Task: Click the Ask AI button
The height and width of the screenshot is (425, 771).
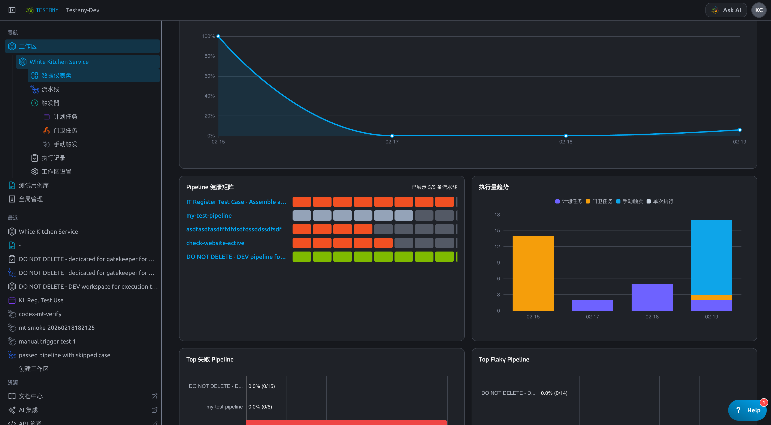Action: (726, 10)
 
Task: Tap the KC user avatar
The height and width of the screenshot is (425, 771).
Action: (759, 10)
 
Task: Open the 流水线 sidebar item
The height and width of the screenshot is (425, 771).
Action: (50, 89)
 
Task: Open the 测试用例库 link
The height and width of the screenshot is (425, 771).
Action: (34, 185)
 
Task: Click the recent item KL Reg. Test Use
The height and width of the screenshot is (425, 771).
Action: (41, 300)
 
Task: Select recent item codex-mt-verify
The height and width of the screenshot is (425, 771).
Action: (40, 314)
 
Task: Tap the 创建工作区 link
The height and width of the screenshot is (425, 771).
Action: (34, 369)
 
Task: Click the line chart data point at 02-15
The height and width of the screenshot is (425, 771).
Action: (218, 36)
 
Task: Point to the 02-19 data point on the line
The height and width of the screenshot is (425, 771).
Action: (740, 130)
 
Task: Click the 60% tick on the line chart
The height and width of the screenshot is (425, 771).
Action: (209, 76)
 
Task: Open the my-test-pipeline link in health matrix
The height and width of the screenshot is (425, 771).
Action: (209, 216)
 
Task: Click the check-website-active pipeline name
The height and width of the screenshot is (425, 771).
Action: (215, 243)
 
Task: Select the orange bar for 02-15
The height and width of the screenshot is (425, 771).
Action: (533, 273)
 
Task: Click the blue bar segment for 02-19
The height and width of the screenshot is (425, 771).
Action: (711, 258)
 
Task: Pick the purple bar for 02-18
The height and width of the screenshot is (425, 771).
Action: (652, 297)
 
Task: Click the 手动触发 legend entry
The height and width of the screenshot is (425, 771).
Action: (630, 201)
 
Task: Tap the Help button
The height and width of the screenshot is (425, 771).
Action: (747, 410)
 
